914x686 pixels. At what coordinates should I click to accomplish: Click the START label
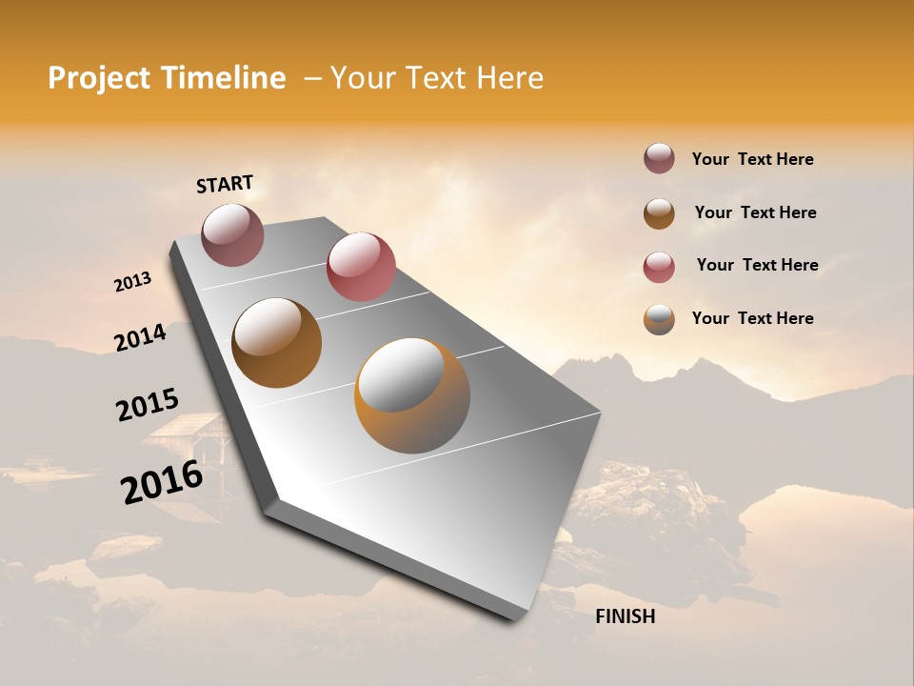[x=225, y=184]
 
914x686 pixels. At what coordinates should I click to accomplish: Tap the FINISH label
[x=625, y=616]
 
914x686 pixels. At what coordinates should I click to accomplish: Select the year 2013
[x=132, y=282]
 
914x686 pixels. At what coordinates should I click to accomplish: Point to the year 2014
[x=140, y=338]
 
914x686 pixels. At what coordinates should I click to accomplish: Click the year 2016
[x=162, y=482]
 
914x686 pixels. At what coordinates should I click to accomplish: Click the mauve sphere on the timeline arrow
[x=232, y=234]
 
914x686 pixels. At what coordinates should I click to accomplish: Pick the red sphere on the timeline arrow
[x=361, y=266]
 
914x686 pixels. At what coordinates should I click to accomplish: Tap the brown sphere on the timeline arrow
[x=276, y=343]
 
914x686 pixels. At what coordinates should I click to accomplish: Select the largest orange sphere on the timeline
[x=412, y=395]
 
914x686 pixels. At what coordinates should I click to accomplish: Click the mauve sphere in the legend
[x=659, y=159]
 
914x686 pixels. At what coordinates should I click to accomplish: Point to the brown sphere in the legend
[x=659, y=213]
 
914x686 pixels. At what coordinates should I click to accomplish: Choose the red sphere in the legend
[x=659, y=267]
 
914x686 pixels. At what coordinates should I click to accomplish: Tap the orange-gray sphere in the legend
[x=659, y=319]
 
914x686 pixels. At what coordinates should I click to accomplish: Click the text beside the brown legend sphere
[x=755, y=212]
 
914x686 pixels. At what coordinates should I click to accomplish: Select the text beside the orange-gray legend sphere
[x=752, y=318]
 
